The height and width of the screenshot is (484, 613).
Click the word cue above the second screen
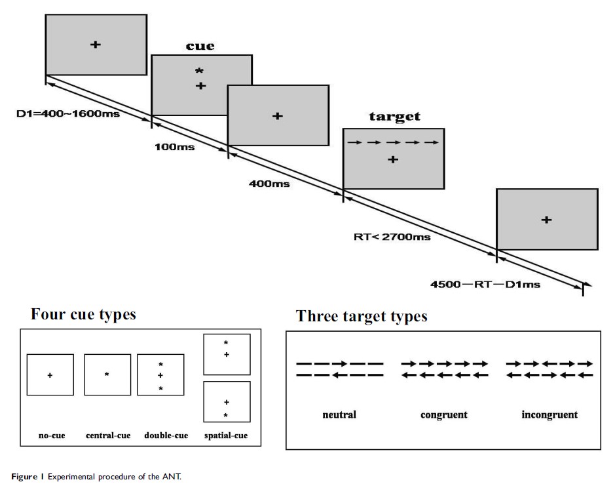200,46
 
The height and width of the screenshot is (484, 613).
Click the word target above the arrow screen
394,117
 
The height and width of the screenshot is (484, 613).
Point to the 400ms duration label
269,184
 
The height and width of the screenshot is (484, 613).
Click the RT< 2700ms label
392,237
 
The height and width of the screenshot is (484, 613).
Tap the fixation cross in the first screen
95,44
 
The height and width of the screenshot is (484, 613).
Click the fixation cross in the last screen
546,220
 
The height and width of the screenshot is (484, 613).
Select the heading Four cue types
83,314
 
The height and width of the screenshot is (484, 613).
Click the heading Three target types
362,316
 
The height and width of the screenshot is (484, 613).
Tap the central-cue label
108,435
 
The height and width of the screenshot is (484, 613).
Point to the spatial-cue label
226,435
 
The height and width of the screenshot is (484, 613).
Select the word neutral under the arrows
339,414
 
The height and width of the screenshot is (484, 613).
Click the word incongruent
550,414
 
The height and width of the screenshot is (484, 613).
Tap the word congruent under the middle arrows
444,414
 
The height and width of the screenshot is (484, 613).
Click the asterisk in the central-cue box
107,374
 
